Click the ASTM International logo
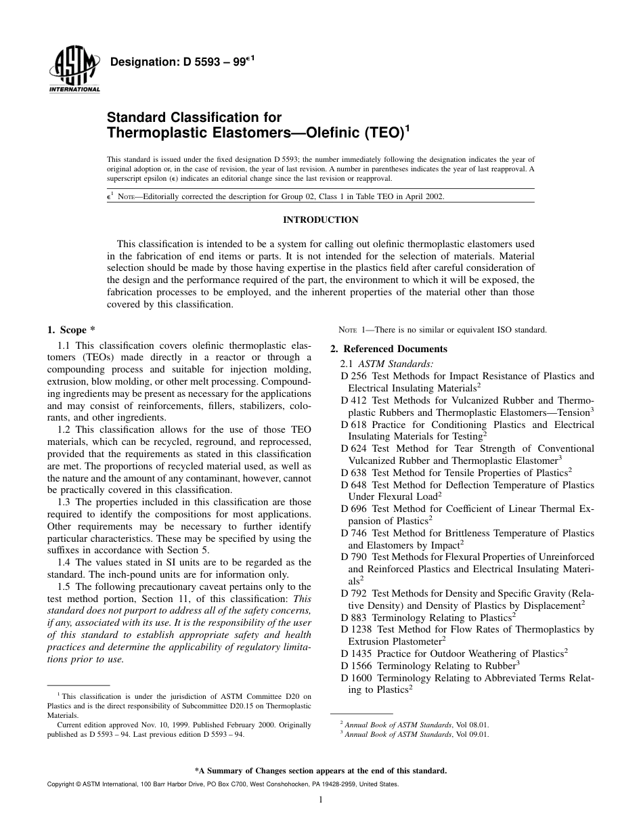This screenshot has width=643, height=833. click(x=74, y=70)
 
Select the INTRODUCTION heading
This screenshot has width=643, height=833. click(x=321, y=220)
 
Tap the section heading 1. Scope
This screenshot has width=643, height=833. click(x=66, y=330)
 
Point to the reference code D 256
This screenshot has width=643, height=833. click(x=354, y=376)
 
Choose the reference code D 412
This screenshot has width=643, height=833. click(x=354, y=400)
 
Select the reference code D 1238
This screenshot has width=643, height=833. click(x=357, y=629)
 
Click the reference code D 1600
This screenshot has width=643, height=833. click(x=357, y=677)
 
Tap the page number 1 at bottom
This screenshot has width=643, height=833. click(x=321, y=800)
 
